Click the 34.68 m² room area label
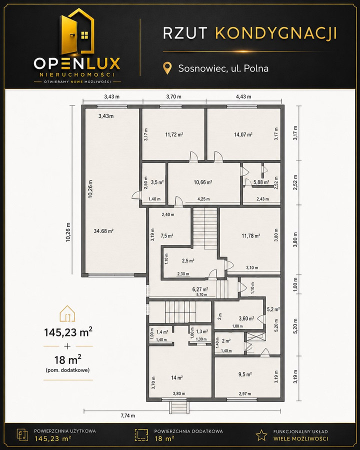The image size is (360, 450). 103,230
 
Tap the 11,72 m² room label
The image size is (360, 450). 174,134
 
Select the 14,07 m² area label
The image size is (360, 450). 243,134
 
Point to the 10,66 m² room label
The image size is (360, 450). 203,182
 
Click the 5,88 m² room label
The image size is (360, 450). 261,182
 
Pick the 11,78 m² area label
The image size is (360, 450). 251,236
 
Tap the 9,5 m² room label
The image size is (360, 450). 245,374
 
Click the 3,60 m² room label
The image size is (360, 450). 246,318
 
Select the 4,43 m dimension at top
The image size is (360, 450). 243,96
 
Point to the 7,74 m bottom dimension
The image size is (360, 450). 128,415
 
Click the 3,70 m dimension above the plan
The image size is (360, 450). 173,96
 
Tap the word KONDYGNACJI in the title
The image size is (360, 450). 276,33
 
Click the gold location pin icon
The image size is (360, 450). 167,68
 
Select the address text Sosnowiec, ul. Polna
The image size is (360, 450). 223,68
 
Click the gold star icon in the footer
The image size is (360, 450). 261,435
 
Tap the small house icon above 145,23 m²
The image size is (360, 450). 67,313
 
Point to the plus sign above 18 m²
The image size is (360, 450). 67,346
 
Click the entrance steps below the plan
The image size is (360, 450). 179,407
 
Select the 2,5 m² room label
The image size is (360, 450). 188,261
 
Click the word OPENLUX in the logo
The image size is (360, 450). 77,63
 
